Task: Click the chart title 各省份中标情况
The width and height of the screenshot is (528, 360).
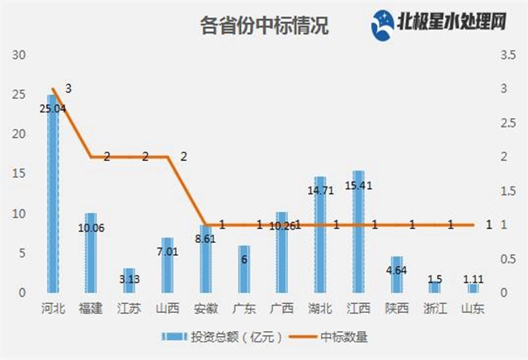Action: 264,26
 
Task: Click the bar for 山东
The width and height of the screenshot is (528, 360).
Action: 473,288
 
